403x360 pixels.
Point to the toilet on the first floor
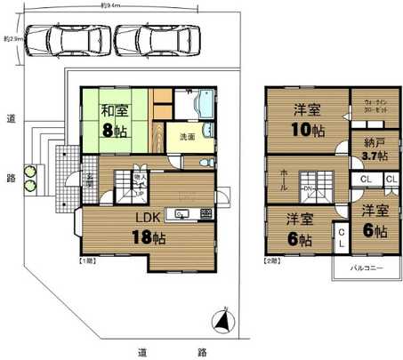[x=204, y=163]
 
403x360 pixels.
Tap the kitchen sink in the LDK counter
[x=181, y=213]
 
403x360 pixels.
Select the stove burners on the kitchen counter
[x=206, y=213]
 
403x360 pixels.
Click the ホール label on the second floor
[x=282, y=176]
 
